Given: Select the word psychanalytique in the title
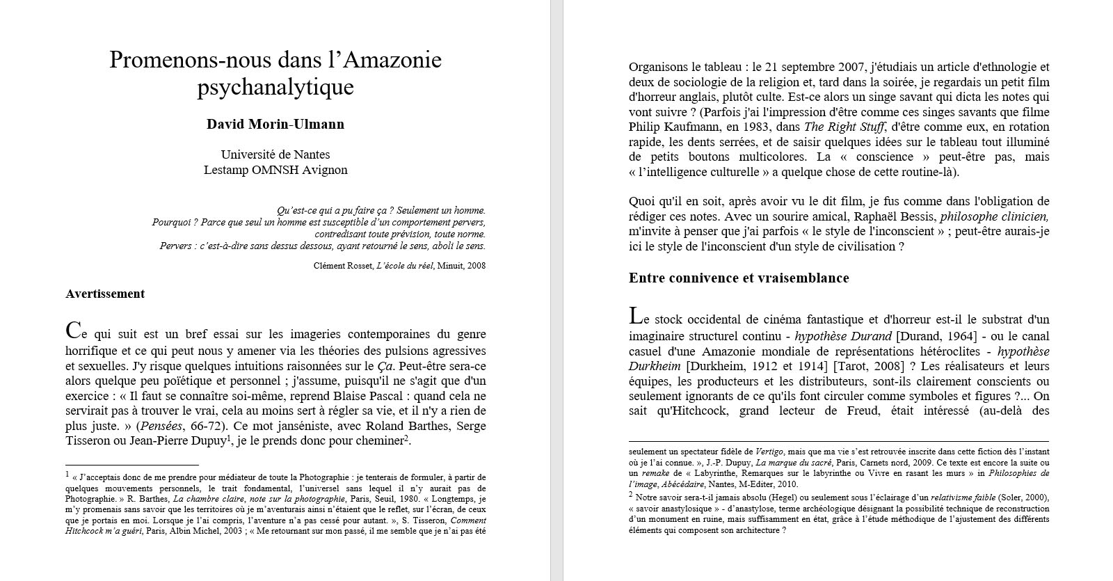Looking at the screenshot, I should click(275, 88).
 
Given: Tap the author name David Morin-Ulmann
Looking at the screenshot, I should click(275, 125).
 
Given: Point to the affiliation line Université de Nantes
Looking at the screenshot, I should click(275, 154).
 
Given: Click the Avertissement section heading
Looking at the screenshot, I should click(105, 294).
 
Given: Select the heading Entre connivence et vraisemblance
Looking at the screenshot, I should click(739, 278).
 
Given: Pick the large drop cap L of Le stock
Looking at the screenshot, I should click(635, 316).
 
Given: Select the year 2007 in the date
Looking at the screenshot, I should click(857, 67).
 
